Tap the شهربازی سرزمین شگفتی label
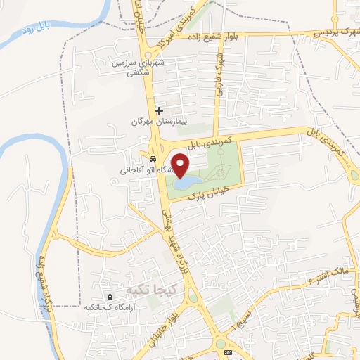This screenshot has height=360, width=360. (146, 67)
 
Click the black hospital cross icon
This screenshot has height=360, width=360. (160, 110)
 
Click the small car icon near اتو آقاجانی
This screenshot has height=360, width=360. (153, 158)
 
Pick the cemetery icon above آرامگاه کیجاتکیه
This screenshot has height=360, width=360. (109, 297)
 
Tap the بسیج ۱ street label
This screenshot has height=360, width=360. (244, 317)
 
